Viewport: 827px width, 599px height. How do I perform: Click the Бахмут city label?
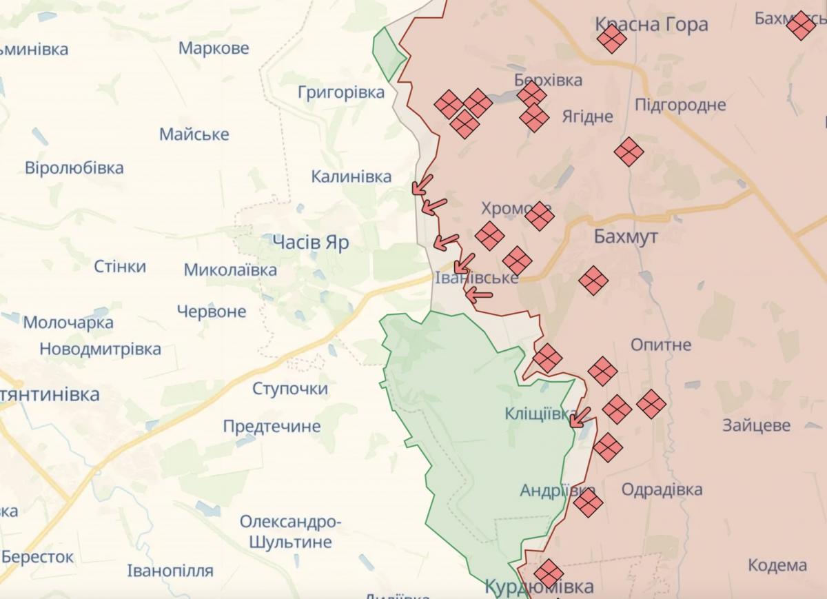point(625,237)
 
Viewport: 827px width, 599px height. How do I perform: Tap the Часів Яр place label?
point(310,243)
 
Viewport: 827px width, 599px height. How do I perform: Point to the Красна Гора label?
point(651,25)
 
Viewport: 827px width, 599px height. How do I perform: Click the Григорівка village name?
point(341,92)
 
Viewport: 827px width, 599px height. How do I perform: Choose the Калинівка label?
point(351,177)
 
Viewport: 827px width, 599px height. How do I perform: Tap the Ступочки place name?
point(289,389)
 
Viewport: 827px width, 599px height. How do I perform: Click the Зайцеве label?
point(756,425)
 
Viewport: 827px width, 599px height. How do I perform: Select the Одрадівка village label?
point(662,489)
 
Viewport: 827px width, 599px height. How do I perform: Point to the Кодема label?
point(777,565)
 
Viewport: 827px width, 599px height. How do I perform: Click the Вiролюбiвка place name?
point(74,168)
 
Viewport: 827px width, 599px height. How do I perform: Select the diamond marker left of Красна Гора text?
point(611,38)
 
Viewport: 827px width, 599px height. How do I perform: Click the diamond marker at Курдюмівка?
point(549,573)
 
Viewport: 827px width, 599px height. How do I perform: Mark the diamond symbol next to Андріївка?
point(588,502)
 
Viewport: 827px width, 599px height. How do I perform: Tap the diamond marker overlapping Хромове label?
point(539,216)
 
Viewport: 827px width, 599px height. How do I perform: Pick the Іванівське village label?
point(476,278)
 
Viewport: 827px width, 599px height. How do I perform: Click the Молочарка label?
point(68,323)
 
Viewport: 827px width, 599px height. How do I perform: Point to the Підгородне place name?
point(680,105)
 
